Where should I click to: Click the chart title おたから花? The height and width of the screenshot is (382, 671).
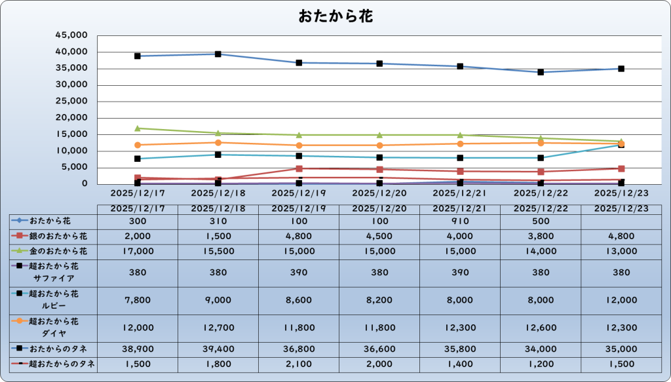335,16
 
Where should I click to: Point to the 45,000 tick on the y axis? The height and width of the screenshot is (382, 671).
74,35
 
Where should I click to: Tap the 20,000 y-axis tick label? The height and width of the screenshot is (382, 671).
74,118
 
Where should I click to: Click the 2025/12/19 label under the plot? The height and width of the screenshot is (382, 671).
299,194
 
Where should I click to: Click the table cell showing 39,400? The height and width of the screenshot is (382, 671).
218,348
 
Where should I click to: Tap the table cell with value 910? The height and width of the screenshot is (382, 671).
461,221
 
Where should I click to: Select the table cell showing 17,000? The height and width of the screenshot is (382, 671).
138,250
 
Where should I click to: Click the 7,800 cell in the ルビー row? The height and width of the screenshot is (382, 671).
138,299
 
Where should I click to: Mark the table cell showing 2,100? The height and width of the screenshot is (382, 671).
299,363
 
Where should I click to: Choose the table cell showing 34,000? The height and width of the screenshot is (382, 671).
541,348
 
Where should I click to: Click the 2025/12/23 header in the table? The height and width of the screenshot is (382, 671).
621,208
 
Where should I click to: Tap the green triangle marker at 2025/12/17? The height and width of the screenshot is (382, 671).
138,128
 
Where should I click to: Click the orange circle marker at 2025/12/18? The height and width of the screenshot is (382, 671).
218,142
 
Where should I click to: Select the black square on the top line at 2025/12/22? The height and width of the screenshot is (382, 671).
541,72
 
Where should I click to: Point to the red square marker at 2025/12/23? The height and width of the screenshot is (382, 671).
621,169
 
